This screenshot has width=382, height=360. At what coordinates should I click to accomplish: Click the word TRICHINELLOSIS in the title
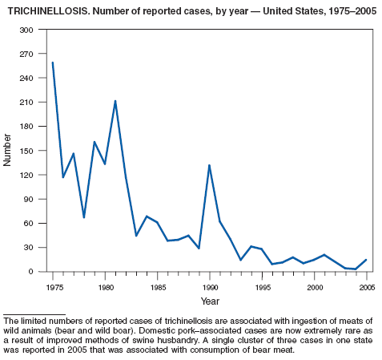point(49,11)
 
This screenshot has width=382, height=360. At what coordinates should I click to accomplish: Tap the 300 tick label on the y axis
point(26,30)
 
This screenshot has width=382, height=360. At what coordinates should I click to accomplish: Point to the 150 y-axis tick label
point(26,151)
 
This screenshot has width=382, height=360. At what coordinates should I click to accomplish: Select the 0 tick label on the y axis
point(31,272)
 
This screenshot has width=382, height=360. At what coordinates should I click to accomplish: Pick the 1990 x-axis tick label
point(211,288)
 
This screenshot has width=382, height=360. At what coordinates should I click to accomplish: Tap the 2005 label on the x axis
point(367,288)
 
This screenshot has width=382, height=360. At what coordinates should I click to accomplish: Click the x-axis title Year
point(210,301)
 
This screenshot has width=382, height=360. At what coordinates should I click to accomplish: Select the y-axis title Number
point(7,150)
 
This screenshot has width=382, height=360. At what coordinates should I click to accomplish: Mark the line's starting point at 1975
point(53,63)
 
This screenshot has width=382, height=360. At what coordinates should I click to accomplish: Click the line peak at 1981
point(115,101)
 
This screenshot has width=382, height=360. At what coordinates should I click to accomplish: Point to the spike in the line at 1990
point(209,165)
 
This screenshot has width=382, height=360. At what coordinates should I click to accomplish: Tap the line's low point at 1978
point(84,217)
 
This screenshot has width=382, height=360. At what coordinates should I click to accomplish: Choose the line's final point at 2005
point(366,260)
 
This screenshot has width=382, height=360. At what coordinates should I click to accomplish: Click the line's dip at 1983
point(136,236)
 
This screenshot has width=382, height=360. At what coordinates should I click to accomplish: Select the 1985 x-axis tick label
point(158,288)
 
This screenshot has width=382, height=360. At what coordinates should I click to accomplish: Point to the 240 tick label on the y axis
point(26,78)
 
